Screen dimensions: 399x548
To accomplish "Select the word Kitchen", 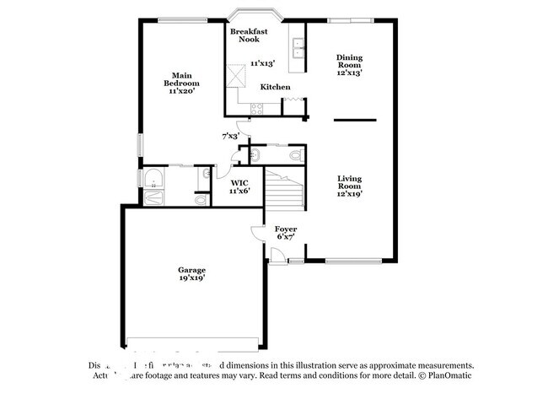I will coord(275,87).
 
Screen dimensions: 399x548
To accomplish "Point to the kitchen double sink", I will coord(297,49).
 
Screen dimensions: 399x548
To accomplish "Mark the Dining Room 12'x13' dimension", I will coord(349,73).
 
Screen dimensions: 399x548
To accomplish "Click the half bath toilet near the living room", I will coord(294,155).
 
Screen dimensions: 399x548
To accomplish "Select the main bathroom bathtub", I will coord(154,178).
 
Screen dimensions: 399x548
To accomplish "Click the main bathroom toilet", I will coord(200,202).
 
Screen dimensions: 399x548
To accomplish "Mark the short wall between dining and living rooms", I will coord(354,120).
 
